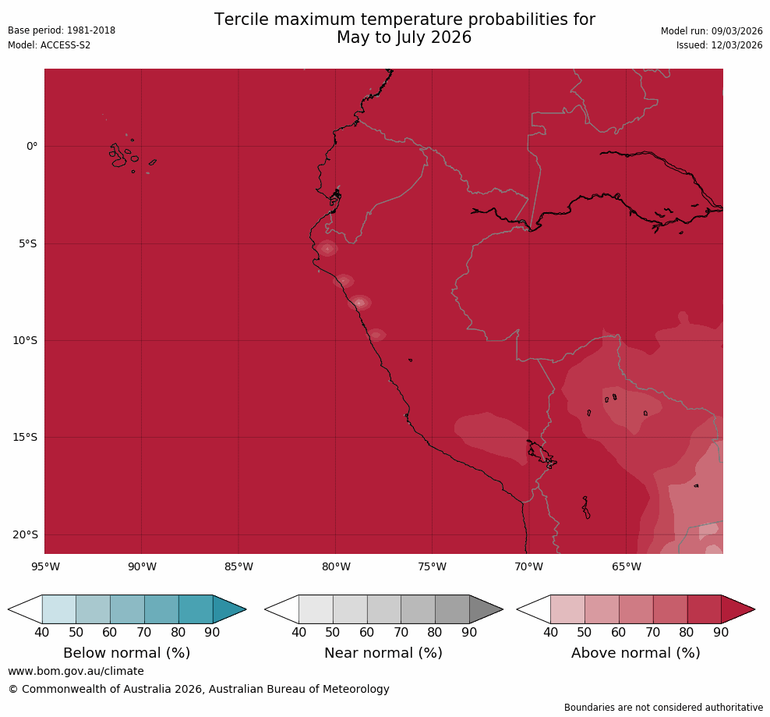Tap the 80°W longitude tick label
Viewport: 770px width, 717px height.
tap(335, 566)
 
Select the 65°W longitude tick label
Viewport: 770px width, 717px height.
tap(626, 566)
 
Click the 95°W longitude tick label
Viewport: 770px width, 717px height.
tap(44, 566)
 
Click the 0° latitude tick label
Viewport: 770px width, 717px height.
tap(32, 146)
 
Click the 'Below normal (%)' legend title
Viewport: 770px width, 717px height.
tap(126, 653)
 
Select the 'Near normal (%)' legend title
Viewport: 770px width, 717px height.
tap(383, 653)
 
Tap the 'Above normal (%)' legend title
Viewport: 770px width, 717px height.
tap(635, 653)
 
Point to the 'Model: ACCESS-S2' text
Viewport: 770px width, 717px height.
tap(49, 45)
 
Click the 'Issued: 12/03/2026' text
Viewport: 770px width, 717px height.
tap(719, 45)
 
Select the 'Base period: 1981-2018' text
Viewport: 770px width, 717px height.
tap(62, 30)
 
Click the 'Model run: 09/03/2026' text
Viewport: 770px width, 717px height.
tap(712, 30)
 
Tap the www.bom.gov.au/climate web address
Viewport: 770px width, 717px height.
tap(76, 671)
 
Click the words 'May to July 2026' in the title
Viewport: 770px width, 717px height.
tap(404, 37)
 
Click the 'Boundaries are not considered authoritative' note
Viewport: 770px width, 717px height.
tap(663, 708)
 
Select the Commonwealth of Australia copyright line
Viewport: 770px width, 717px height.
tap(199, 689)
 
